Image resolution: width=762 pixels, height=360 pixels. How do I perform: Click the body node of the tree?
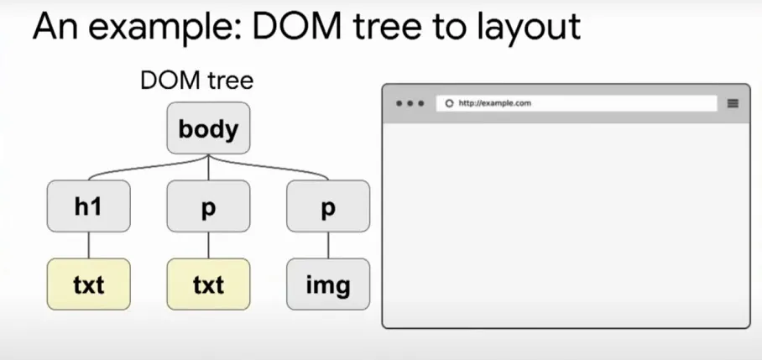(x=208, y=128)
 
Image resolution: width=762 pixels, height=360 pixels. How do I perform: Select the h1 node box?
(x=88, y=206)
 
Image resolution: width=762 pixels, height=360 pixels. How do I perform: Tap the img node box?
(x=328, y=284)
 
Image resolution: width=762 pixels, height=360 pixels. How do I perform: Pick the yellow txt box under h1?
(x=88, y=284)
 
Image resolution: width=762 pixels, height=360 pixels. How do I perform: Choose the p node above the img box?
(x=328, y=206)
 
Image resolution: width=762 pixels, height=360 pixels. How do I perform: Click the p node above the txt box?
(x=208, y=206)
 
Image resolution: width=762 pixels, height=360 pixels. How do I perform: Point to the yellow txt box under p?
(x=208, y=284)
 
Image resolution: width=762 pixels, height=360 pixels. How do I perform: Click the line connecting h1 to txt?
(x=88, y=245)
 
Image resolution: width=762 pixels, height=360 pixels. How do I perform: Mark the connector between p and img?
(x=328, y=245)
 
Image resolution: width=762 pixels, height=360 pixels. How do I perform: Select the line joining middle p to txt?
(x=208, y=245)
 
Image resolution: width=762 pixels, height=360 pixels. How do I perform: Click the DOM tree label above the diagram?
(x=197, y=81)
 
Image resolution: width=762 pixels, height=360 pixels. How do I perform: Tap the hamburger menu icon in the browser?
(x=733, y=103)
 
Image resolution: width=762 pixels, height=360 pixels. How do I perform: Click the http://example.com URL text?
(x=495, y=103)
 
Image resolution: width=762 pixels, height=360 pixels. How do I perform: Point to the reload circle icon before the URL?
(x=450, y=103)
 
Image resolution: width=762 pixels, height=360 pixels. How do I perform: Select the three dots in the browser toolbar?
(x=410, y=103)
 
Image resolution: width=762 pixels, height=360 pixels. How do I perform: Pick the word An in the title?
(x=56, y=26)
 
